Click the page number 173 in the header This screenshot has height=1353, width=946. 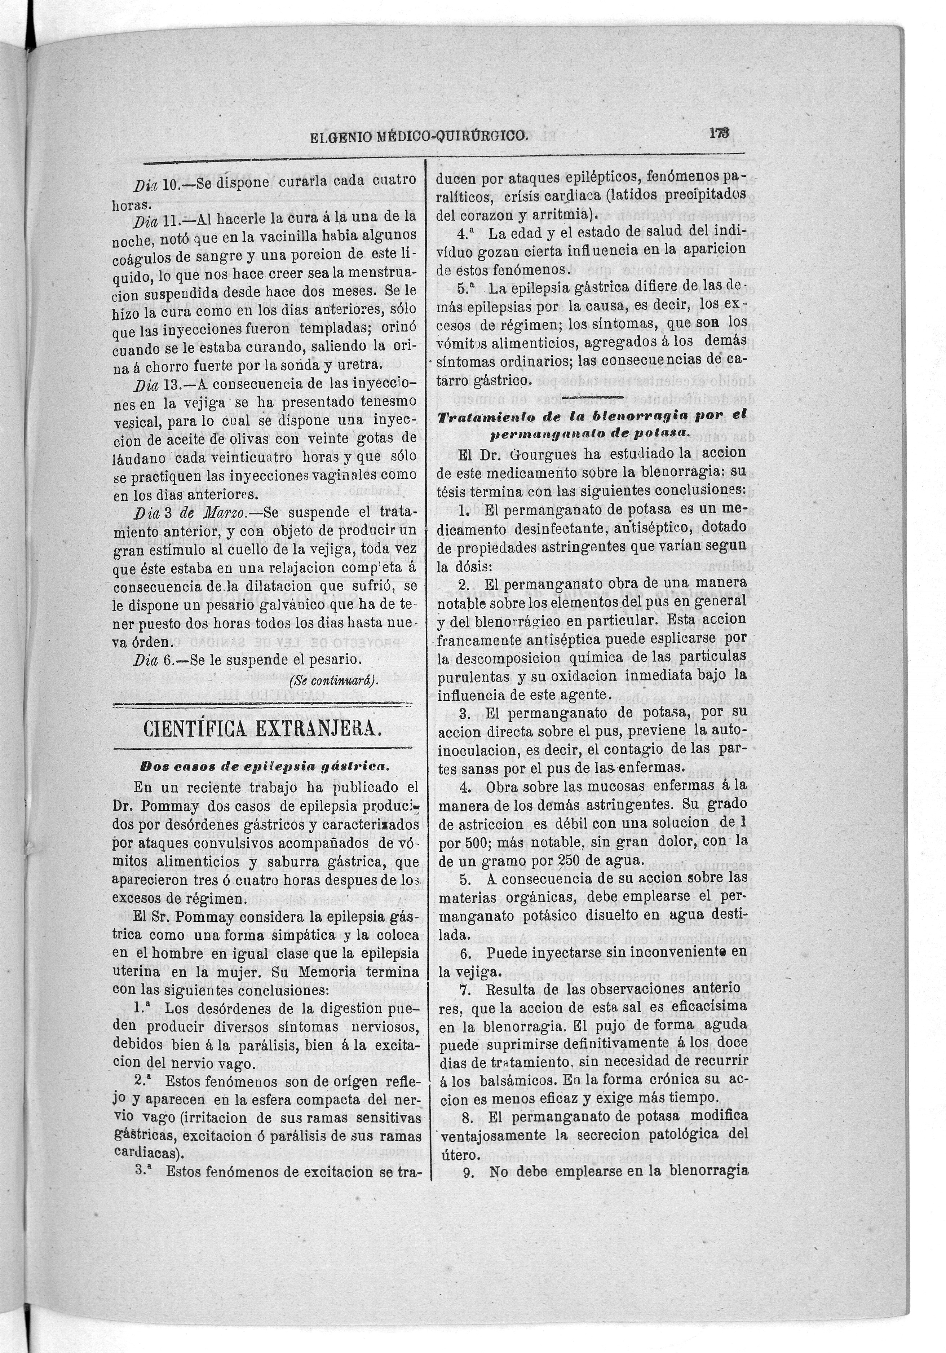click(719, 134)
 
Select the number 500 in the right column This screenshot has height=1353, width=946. click(467, 842)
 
